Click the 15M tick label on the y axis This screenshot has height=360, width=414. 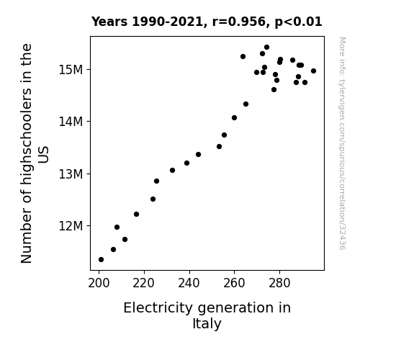pyautogui.click(x=71, y=70)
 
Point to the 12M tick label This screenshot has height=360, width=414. pyautogui.click(x=71, y=226)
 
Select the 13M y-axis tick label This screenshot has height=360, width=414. pyautogui.click(x=71, y=174)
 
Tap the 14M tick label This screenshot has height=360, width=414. pyautogui.click(x=71, y=122)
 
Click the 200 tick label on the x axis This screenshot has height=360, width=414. pyautogui.click(x=99, y=284)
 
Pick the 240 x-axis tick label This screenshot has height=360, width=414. pyautogui.click(x=189, y=284)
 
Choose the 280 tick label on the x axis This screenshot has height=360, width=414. pyautogui.click(x=279, y=284)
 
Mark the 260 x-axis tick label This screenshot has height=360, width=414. pyautogui.click(x=234, y=284)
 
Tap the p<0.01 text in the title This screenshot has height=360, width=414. pyautogui.click(x=299, y=22)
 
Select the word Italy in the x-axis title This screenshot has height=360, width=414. pyautogui.click(x=207, y=324)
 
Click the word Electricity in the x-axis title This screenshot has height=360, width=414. pyautogui.click(x=158, y=308)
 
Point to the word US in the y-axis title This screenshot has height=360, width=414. pyautogui.click(x=43, y=155)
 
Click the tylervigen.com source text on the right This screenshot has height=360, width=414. pyautogui.click(x=342, y=143)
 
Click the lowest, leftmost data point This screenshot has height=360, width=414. pyautogui.click(x=101, y=260)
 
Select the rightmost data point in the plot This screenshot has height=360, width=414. pyautogui.click(x=313, y=71)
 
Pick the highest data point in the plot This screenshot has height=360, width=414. pyautogui.click(x=266, y=47)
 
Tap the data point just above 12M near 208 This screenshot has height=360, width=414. pyautogui.click(x=117, y=227)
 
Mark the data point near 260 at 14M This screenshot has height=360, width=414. pyautogui.click(x=234, y=118)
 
